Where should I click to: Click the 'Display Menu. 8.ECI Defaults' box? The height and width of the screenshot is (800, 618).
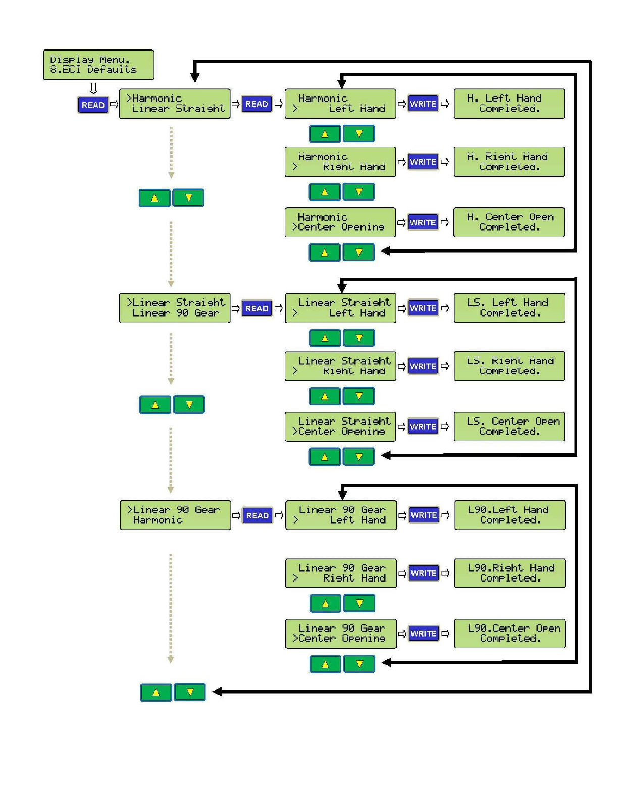tap(98, 65)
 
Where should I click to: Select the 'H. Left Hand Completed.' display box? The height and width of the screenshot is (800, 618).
tap(509, 104)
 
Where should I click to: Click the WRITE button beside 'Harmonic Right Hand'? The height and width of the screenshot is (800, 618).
tap(423, 162)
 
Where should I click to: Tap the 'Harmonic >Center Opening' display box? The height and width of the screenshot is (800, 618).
tap(340, 222)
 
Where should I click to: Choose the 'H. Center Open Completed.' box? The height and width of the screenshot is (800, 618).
tap(509, 222)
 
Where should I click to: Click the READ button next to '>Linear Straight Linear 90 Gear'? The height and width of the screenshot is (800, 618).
tap(256, 308)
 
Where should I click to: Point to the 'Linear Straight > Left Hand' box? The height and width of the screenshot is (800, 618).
tap(340, 308)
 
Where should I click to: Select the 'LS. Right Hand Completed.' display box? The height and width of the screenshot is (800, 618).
tap(509, 366)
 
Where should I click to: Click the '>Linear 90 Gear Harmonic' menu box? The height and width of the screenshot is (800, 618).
tap(175, 515)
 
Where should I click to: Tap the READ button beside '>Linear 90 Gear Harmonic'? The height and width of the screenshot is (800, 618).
tap(257, 515)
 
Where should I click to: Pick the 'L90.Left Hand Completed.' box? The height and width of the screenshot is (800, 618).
tap(510, 515)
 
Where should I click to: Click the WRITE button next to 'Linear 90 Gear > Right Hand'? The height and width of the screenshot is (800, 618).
tap(424, 573)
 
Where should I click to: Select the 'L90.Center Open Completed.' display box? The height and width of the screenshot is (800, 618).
tap(510, 634)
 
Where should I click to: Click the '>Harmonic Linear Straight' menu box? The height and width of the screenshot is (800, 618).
tap(175, 104)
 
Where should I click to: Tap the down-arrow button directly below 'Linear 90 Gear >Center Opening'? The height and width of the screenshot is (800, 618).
tap(359, 664)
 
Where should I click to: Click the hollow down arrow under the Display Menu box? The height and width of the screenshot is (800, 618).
tap(93, 88)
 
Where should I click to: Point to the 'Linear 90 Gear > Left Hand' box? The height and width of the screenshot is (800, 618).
tap(341, 515)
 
